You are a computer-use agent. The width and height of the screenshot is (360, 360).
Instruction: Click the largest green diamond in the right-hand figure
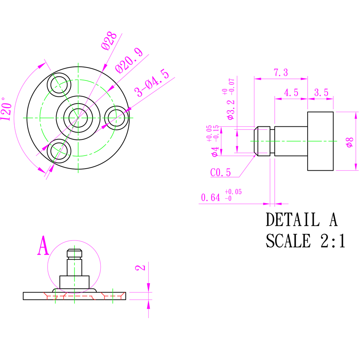point(321,141)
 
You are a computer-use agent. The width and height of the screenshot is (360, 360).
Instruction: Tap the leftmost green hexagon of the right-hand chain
point(248,141)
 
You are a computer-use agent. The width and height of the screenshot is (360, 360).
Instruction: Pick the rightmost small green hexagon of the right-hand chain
point(338,141)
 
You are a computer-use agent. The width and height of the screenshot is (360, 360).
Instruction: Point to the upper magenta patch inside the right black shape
point(264,131)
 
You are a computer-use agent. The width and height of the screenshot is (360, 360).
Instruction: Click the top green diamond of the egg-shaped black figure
point(74,245)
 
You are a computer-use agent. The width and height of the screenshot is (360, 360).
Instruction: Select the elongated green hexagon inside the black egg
point(74,267)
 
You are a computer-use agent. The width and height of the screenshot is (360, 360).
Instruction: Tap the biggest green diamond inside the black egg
point(74,282)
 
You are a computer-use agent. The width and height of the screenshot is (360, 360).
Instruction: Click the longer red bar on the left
point(69,296)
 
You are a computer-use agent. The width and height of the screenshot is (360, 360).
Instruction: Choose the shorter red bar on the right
point(113,295)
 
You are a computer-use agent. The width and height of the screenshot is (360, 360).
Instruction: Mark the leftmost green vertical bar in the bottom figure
point(55,309)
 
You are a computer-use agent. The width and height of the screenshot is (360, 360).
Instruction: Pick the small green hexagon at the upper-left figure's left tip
point(22,118)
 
